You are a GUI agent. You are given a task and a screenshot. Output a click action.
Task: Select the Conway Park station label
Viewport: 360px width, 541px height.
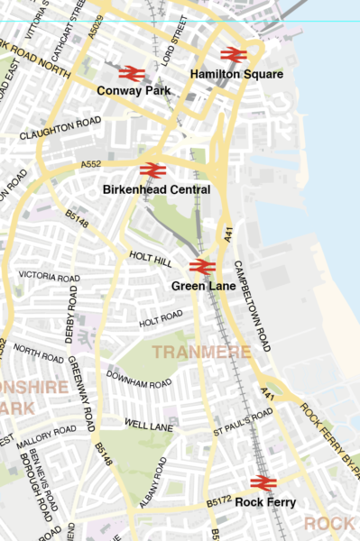coord(133,90)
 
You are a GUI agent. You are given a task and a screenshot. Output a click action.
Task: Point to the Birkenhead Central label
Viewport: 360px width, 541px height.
coord(157,190)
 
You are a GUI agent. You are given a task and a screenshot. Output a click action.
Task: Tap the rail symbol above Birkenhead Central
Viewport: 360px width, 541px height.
coord(152,170)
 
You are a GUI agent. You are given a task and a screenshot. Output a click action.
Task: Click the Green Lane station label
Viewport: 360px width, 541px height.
coord(203,286)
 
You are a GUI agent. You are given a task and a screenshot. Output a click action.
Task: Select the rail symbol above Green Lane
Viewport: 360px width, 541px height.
coord(202,267)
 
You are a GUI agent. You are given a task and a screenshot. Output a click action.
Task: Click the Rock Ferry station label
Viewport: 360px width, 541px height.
coord(265,502)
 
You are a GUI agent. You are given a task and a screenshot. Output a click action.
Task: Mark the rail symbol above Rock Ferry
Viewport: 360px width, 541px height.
coord(263,483)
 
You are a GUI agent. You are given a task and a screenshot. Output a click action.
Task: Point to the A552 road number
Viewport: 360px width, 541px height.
coord(91,165)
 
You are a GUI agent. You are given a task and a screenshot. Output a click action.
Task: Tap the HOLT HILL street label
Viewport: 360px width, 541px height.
coord(150,258)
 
